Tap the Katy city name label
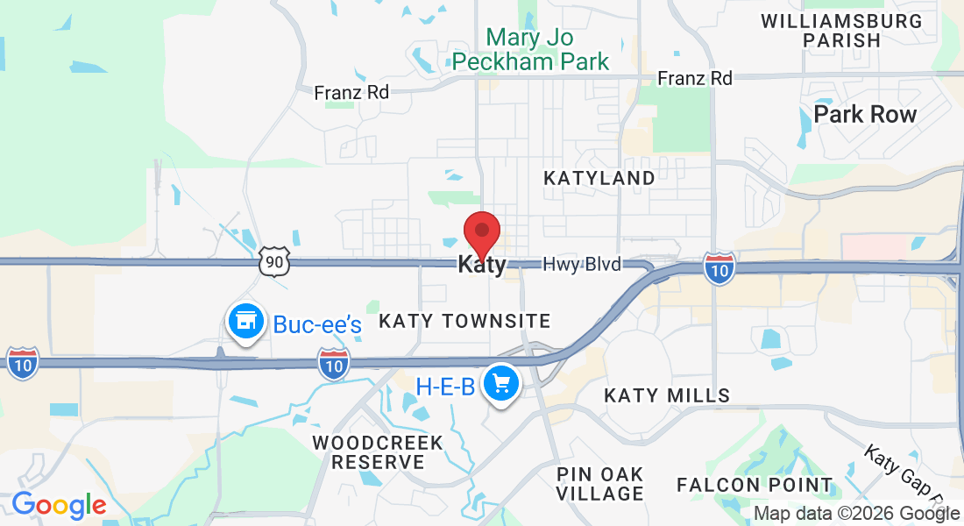482,265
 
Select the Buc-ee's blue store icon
246,323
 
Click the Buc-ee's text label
317,325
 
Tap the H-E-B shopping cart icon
502,384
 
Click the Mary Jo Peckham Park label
530,50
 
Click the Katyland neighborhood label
599,178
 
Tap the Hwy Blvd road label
582,265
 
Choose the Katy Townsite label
464,322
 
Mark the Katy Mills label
667,396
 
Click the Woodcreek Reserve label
378,451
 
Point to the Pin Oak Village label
600,484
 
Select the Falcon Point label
755,485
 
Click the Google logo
59,506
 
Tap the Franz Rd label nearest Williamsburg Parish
695,79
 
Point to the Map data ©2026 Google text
857,514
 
